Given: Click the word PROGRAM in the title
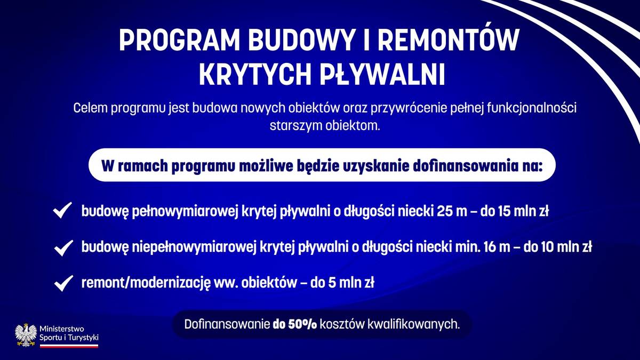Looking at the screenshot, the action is coord(179,41).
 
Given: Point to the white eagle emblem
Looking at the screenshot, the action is coord(26,335).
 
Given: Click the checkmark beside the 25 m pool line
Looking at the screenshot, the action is coord(62,210).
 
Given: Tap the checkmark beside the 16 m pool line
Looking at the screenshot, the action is coord(63,247).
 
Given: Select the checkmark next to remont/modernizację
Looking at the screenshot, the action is coord(63,283).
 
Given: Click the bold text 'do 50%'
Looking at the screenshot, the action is coord(294,325).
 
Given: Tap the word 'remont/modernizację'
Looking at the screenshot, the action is coord(146,283).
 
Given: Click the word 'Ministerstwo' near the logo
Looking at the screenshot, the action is coord(62,329).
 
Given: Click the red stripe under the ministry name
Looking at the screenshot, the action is coord(69,347).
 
